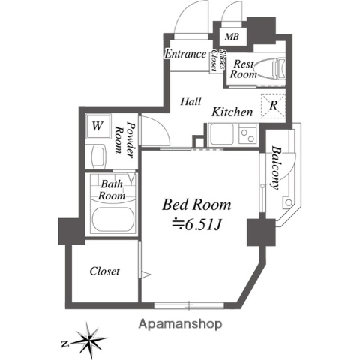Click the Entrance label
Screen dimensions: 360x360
coord(185,54)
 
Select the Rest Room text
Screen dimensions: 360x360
coord(243,70)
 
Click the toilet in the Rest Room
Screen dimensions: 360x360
coord(278,68)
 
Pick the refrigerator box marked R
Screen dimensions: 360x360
coord(273,105)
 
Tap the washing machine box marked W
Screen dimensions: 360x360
coord(97,126)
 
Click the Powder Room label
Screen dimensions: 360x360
coord(126,140)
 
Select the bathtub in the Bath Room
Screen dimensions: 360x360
coord(112,221)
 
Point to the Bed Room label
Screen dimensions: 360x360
coord(197,204)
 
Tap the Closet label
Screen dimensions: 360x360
coord(105,271)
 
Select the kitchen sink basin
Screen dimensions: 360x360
coord(222,136)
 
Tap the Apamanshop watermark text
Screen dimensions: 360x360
coord(180,325)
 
